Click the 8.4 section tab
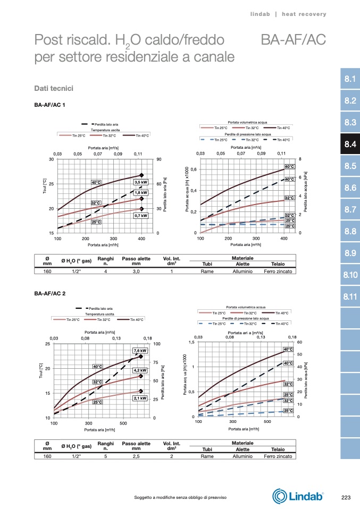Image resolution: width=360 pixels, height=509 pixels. [349, 144]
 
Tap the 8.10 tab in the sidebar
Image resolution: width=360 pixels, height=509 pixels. [349, 275]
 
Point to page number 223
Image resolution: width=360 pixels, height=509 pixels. [346, 497]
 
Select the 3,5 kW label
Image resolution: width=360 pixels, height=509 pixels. [140, 183]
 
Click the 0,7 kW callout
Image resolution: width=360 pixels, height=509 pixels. [140, 216]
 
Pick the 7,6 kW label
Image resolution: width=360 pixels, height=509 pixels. [140, 351]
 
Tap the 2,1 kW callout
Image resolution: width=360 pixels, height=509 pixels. [140, 398]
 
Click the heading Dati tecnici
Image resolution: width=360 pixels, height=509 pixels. [53, 87]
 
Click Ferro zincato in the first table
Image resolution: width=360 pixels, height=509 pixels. [278, 271]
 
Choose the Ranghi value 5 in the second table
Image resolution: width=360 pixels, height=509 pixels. [106, 456]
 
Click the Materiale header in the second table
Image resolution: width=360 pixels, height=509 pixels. [242, 442]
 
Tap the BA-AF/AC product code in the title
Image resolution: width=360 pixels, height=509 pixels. [294, 40]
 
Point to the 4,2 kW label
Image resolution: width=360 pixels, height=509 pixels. [140, 370]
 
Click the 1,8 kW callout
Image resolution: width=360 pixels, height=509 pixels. [140, 192]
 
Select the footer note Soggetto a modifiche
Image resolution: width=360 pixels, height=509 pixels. [181, 497]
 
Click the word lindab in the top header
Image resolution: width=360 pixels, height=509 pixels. [261, 14]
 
